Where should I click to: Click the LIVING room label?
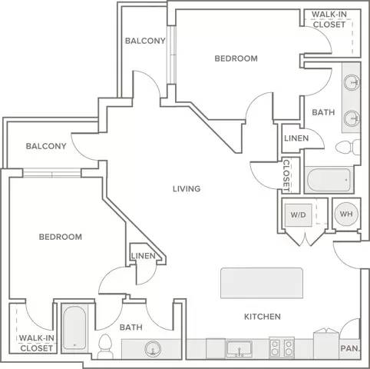coord(187,189)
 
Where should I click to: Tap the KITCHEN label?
coord(263,317)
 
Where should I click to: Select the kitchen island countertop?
coord(262,283)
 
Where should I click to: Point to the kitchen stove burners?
coord(282,347)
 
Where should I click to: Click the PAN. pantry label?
coord(350,348)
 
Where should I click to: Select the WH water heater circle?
coord(346,214)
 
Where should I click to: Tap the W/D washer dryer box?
coord(299,215)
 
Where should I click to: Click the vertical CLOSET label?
coord(287,176)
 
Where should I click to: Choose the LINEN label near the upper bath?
coord(296,138)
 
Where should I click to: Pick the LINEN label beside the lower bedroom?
coord(144,256)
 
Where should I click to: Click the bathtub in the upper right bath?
coord(329,180)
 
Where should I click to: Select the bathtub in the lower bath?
coord(74,327)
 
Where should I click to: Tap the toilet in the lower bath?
coord(105,347)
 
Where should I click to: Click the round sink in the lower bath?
coord(153,349)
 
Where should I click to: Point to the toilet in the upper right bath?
coord(348,148)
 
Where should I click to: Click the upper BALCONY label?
coord(145,41)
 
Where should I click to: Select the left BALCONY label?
coord(46,146)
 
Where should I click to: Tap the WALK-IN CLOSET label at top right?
coord(329,19)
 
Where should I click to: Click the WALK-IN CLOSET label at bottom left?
coord(37,344)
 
